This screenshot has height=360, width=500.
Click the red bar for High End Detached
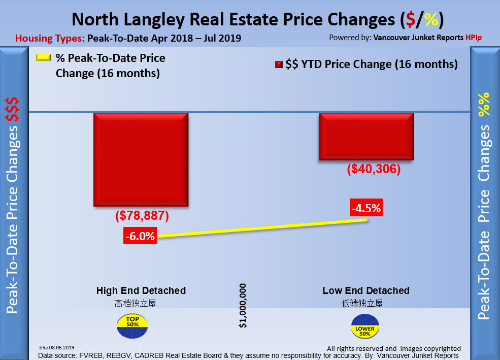[141, 159]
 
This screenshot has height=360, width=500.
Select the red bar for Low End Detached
[366, 137]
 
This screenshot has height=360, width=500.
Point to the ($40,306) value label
[374, 170]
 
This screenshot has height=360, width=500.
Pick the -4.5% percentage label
[366, 208]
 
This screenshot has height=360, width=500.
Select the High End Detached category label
[141, 291]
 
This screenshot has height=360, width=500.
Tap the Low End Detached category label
[366, 291]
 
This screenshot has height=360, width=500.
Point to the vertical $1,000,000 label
[244, 306]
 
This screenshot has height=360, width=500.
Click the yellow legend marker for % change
[44, 58]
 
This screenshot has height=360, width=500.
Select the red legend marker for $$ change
[279, 64]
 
